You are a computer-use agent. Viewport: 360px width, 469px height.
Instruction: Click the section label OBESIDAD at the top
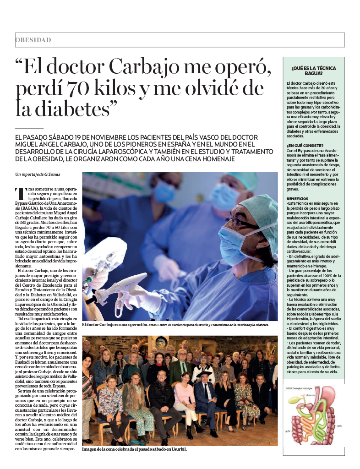coord(33,40)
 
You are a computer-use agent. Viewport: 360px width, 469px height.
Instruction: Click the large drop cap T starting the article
coord(19,193)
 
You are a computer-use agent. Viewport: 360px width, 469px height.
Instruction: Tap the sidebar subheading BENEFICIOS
coord(298,198)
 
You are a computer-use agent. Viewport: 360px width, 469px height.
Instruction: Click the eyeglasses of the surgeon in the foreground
coord(245,223)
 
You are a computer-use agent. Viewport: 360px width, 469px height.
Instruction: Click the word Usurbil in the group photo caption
coord(177,449)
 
